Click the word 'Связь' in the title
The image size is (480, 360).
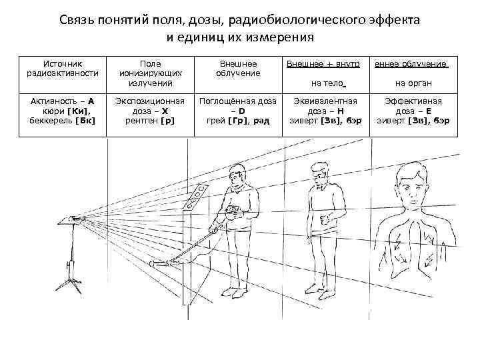pyautogui.click(x=79, y=19)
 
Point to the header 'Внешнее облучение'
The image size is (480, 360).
pyautogui.click(x=239, y=68)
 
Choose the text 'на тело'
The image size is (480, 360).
pyautogui.click(x=327, y=83)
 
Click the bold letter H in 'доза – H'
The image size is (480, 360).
pyautogui.click(x=341, y=111)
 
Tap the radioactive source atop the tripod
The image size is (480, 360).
pyautogui.click(x=73, y=218)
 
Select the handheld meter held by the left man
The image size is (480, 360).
pyautogui.click(x=233, y=212)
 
